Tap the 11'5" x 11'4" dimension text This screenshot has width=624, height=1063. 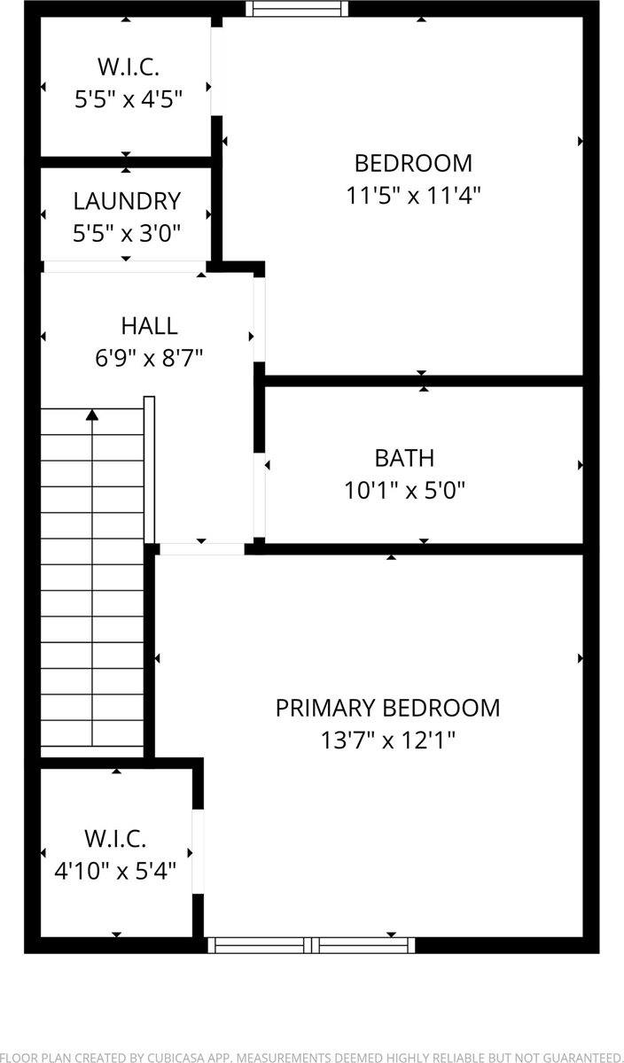[413, 195]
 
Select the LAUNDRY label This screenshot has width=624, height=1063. [127, 201]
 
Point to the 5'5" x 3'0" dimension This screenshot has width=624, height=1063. [127, 233]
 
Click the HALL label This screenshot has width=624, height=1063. [149, 326]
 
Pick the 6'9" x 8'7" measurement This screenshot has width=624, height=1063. [149, 358]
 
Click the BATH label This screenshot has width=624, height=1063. [404, 458]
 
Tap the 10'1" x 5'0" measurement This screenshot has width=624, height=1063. [404, 490]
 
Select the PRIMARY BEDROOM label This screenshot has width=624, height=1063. [387, 708]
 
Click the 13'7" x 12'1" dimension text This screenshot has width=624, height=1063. [387, 740]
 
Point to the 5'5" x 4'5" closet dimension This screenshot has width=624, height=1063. [129, 98]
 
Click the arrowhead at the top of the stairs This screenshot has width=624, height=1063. [92, 415]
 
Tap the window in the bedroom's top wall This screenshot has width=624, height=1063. [297, 9]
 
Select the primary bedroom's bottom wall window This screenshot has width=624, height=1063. [311, 945]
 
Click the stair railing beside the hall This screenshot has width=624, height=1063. [149, 469]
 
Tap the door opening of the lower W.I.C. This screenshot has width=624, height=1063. [199, 850]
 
